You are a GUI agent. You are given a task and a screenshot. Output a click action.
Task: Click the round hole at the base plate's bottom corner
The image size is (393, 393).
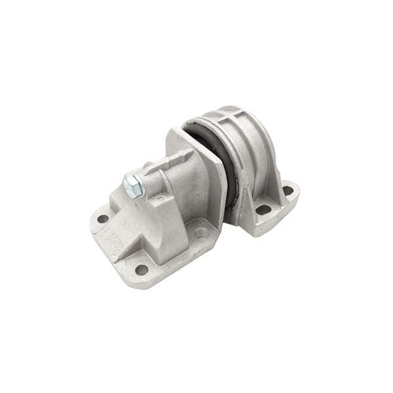pos(141,269)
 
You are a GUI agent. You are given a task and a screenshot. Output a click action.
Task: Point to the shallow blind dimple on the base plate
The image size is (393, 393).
pos(201,232)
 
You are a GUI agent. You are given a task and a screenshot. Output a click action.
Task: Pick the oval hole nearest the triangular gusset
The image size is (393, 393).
pos(263,210)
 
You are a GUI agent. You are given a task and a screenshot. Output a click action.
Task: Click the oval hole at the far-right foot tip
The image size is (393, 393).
pos(288,191)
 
